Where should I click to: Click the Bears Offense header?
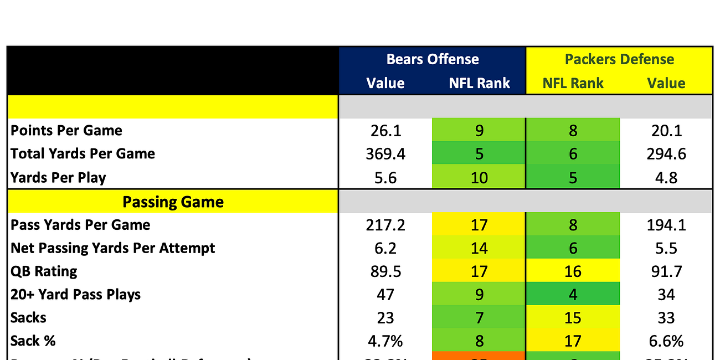coord(433,59)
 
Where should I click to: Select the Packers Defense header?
coord(619,59)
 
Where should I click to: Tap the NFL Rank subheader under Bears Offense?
coord(479,83)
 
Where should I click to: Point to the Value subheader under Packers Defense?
coord(666,83)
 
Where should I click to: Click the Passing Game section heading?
coord(173,202)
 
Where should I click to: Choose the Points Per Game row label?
coord(66,131)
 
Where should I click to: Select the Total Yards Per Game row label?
coord(83,154)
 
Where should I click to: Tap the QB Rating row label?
coord(44,271)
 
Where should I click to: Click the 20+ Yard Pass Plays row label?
coord(75,295)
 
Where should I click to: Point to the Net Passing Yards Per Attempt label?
coord(112,248)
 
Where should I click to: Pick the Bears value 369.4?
coord(385,154)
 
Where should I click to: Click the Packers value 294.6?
coord(666,154)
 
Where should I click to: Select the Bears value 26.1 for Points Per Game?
coord(385,131)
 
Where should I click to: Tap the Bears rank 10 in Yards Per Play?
coord(479,178)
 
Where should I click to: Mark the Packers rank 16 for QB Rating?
coord(573,271)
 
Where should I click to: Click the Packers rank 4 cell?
coord(573,295)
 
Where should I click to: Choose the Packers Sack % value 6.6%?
coord(666,341)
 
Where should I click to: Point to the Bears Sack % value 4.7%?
coord(385,341)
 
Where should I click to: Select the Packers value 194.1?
coord(666,225)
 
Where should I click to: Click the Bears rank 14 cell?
coord(479,248)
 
